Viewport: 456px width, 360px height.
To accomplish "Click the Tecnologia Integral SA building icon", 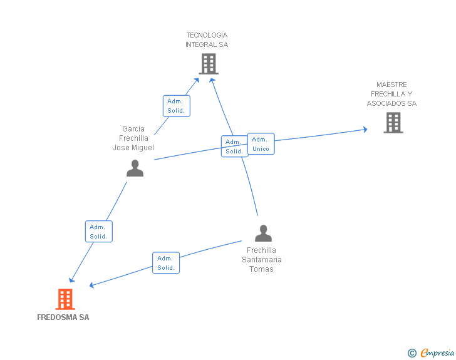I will click(208, 64).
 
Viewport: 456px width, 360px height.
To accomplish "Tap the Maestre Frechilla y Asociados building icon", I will click(393, 123).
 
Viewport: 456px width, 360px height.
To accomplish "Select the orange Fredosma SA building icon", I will click(65, 299).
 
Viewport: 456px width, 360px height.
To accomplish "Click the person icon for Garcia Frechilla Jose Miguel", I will click(135, 168).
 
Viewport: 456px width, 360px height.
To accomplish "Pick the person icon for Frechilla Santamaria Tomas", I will click(263, 234).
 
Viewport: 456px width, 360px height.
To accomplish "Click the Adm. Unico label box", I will click(261, 144).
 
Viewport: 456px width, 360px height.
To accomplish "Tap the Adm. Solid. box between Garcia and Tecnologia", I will click(176, 106).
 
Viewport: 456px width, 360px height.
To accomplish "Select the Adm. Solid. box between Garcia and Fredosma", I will click(98, 232).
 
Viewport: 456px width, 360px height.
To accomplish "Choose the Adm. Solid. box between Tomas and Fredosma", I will click(166, 263).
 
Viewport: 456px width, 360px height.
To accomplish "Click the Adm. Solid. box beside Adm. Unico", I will click(234, 147).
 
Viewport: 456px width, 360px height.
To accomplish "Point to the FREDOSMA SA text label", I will click(63, 317).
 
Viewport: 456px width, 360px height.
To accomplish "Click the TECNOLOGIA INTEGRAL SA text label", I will click(207, 40).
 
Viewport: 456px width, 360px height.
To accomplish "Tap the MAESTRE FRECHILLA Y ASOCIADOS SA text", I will click(391, 94).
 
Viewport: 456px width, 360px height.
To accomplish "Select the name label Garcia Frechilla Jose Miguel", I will click(133, 138).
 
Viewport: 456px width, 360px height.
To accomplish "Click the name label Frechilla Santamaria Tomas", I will click(262, 260).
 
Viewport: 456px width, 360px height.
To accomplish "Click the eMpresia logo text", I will click(437, 353).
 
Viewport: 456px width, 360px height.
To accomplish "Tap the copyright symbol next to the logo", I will click(412, 354).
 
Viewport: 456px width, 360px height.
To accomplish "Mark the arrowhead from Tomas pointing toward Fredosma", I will click(92, 285).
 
